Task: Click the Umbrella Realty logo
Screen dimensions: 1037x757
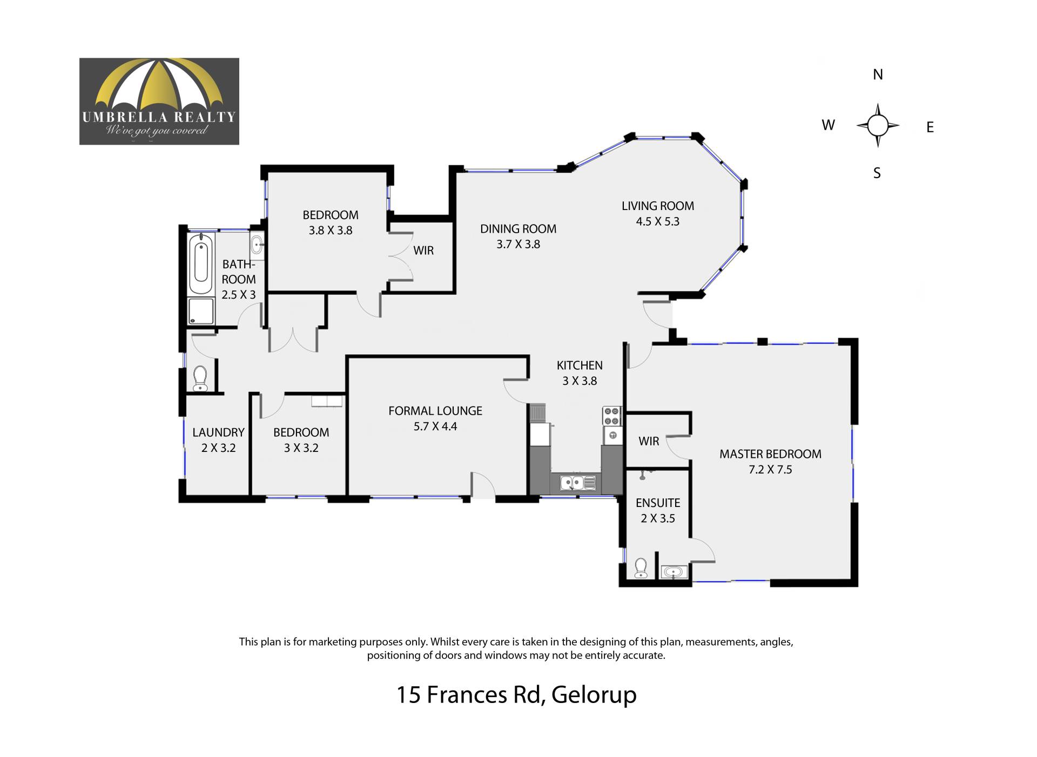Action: (x=159, y=102)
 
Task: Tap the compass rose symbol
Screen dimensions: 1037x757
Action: (x=878, y=125)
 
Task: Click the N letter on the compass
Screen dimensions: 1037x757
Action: (x=878, y=75)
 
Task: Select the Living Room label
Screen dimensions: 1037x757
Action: (x=658, y=206)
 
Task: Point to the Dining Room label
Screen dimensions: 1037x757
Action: (x=518, y=228)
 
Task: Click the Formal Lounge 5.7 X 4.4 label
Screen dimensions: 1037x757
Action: (x=435, y=418)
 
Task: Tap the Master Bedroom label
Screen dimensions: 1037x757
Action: (x=770, y=454)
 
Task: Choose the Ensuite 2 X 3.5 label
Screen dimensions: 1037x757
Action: (x=658, y=510)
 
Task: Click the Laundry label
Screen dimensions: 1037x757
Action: (x=218, y=432)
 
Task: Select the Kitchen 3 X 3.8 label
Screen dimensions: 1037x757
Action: (x=580, y=373)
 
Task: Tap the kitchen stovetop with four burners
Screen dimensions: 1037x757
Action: (x=612, y=416)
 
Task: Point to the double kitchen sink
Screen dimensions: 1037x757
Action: (x=578, y=483)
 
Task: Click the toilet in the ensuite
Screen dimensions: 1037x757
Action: (x=641, y=568)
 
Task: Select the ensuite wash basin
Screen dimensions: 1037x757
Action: (x=674, y=571)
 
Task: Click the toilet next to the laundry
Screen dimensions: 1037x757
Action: (x=200, y=378)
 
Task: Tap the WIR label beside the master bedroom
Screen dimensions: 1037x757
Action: (x=649, y=441)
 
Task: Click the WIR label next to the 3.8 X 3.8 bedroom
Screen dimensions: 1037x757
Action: (x=423, y=251)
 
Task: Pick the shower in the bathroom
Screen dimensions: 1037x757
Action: (x=201, y=312)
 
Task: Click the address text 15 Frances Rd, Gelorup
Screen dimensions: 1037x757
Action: (x=517, y=695)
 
